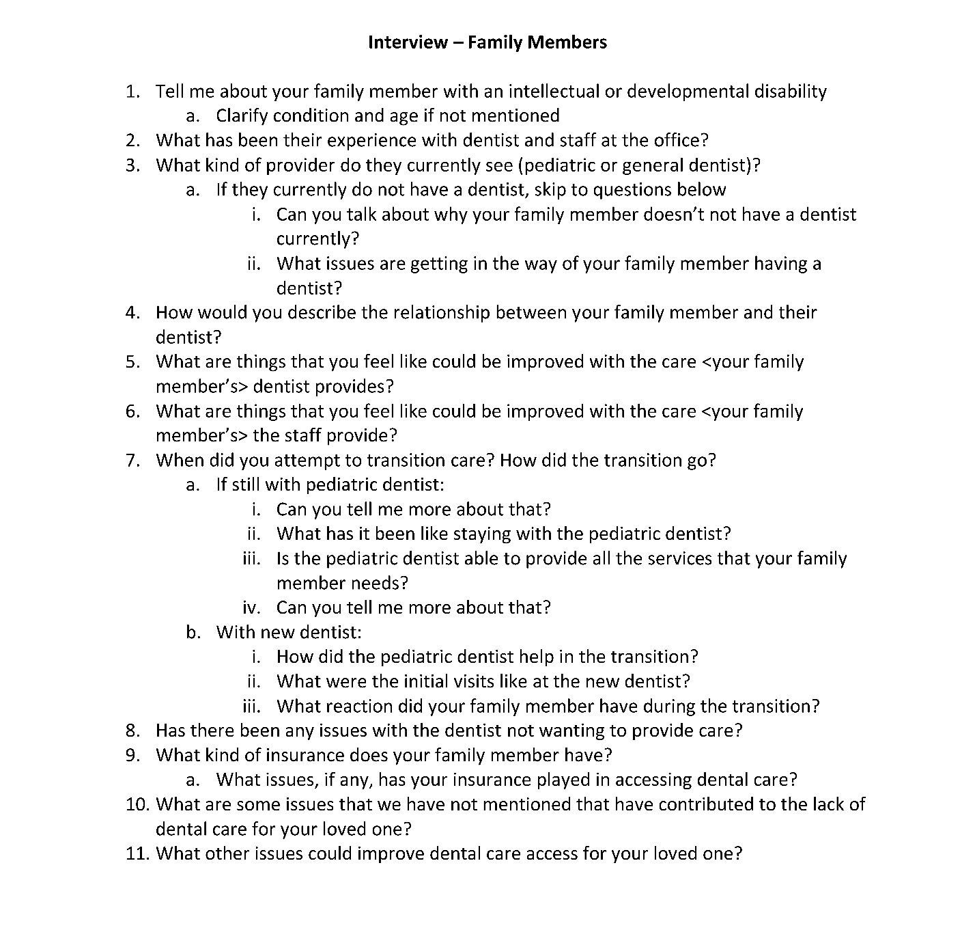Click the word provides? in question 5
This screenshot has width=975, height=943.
[358, 387]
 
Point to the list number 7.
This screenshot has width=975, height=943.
[132, 461]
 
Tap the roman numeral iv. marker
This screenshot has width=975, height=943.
[252, 608]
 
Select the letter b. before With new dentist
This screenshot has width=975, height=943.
[193, 633]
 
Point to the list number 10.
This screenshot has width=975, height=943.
[137, 805]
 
